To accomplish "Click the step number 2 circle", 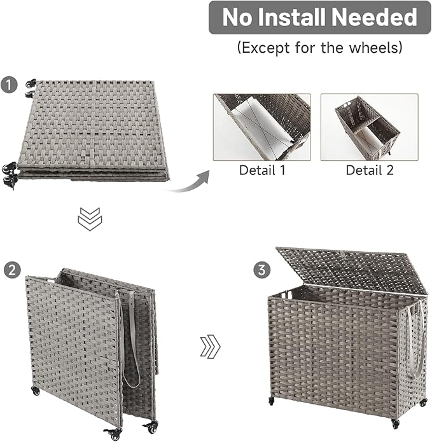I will [x=10, y=270].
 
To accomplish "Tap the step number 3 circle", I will [x=260, y=270].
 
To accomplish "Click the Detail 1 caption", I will [x=262, y=170].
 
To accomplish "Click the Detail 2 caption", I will [x=369, y=170].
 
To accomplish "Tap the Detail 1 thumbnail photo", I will [x=262, y=127].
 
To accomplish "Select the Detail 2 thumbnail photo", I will [x=369, y=127].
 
